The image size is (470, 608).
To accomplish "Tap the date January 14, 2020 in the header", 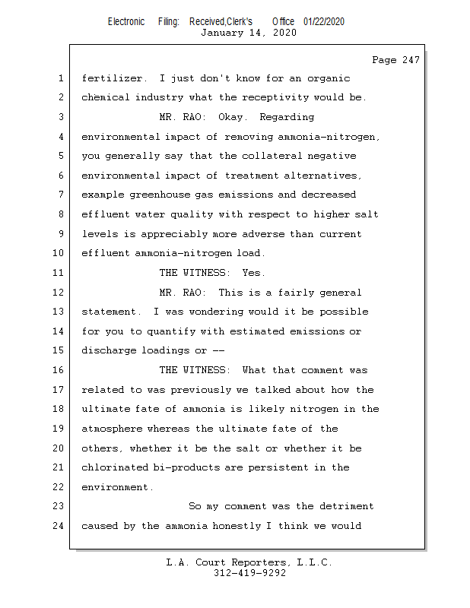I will tap(249, 33).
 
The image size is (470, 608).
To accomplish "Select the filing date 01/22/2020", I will tap(323, 21).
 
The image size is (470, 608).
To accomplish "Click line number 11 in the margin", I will tap(59, 273).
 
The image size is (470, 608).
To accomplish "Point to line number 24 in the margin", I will tap(59, 526).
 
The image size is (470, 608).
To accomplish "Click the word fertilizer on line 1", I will tap(111, 78).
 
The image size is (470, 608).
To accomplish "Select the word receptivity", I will tap(287, 97).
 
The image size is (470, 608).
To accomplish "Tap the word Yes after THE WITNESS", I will tap(254, 273).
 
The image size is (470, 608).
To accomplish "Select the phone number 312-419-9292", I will tap(249, 573).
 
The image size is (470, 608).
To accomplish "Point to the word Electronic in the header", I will tap(126, 21).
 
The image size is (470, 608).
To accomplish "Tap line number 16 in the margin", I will tap(59, 370).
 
